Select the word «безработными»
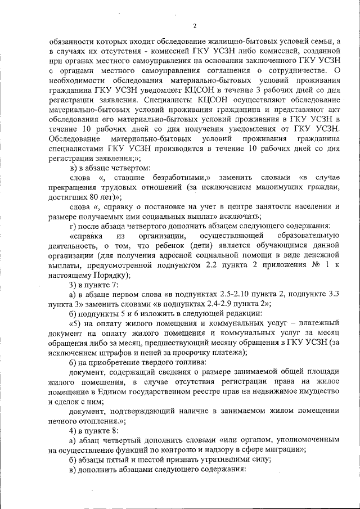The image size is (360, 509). tap(180, 177)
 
